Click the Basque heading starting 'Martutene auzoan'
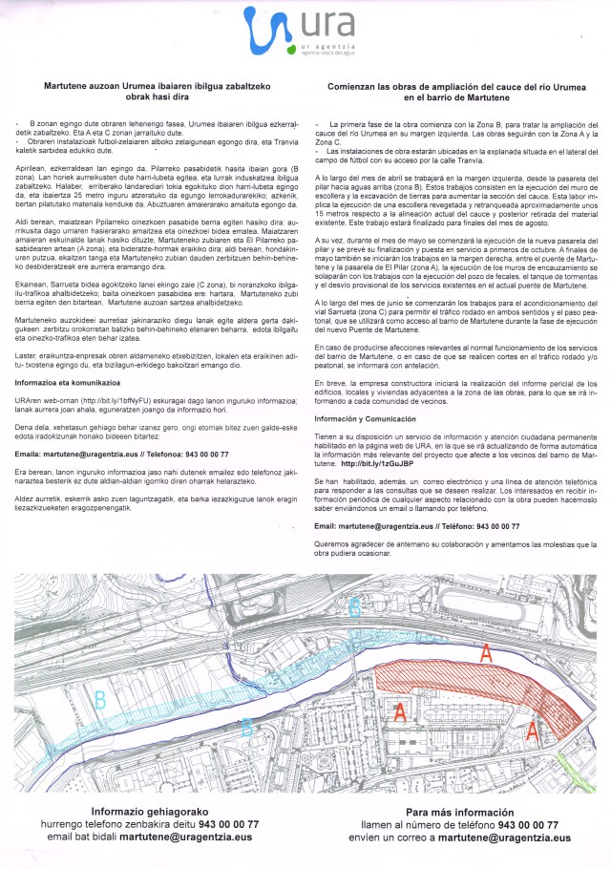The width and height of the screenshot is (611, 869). (x=154, y=91)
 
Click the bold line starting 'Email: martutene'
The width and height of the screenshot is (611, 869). (x=417, y=525)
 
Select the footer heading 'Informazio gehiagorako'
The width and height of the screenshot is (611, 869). (x=152, y=811)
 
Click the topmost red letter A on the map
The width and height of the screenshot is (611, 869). (x=486, y=653)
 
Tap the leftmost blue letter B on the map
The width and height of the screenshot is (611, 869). (x=99, y=700)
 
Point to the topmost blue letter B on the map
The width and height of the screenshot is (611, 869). (x=354, y=605)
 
